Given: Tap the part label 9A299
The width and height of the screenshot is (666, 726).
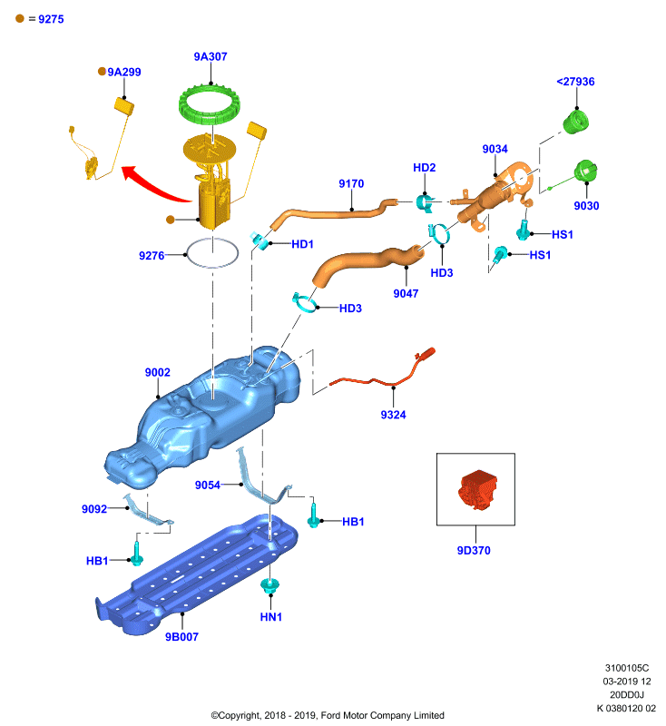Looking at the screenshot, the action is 124,72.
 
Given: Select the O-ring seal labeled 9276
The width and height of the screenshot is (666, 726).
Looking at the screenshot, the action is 187,254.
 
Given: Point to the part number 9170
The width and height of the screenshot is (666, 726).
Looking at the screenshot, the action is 351,184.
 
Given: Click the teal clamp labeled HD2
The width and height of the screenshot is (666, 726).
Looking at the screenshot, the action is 425,202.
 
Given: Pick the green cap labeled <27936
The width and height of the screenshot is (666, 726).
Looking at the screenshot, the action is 576,122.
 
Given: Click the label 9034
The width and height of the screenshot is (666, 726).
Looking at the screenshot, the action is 495,149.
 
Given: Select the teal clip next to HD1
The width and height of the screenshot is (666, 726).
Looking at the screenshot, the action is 260,240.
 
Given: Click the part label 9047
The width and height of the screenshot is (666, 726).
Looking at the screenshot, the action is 406,293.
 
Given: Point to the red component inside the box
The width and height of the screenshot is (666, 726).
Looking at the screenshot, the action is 478,490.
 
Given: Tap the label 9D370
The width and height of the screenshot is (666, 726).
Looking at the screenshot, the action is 474,551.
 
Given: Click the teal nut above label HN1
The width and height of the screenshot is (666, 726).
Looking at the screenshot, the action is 269,585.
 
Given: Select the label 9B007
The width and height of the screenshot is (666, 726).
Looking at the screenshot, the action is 181,637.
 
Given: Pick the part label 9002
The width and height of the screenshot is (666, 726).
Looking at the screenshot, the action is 157,372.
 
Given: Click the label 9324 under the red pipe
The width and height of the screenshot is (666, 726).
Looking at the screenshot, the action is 394,415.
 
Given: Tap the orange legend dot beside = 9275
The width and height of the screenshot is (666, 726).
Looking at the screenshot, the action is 20,18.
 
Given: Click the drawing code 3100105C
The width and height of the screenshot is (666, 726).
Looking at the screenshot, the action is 627,668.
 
